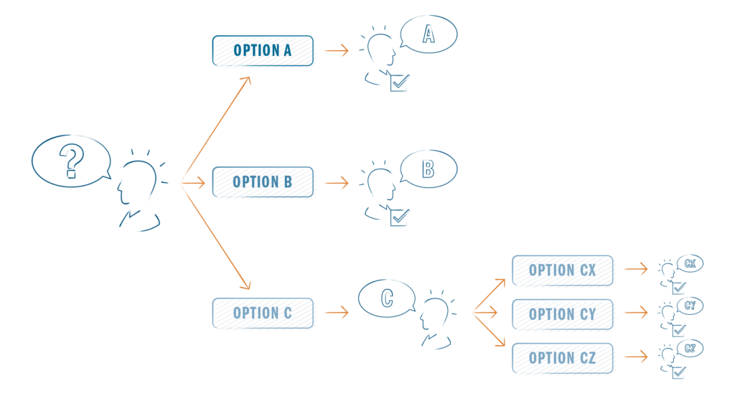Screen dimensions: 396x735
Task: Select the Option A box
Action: (263, 51)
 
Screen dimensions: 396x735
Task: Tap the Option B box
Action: (263, 182)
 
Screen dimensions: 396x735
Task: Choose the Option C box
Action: (263, 313)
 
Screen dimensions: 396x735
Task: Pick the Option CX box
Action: (563, 270)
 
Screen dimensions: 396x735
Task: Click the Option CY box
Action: (563, 314)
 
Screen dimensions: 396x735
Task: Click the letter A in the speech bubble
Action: (428, 34)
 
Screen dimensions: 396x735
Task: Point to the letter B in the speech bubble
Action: (428, 169)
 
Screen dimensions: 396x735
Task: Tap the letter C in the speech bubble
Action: (387, 298)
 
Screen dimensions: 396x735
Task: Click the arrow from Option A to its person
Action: (335, 51)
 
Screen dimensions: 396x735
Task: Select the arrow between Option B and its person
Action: (335, 183)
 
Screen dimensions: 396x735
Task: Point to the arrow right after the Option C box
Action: (335, 313)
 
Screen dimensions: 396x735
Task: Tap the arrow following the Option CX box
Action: (635, 270)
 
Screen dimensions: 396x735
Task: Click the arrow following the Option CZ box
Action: (635, 357)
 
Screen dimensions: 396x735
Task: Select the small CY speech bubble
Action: (690, 306)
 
